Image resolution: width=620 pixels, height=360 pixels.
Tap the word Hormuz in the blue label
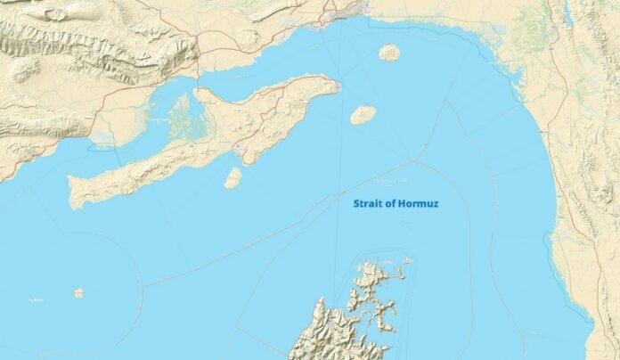tap(418, 204)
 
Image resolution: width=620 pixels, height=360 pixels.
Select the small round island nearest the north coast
tap(389, 53)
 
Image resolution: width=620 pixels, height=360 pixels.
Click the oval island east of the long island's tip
tap(362, 115)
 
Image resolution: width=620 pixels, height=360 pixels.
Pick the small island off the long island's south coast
tap(232, 178)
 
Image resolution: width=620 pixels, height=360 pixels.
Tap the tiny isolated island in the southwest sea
tap(78, 292)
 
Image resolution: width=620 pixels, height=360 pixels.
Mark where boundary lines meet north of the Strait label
tap(415, 161)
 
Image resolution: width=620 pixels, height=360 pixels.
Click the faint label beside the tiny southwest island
tap(37, 300)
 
